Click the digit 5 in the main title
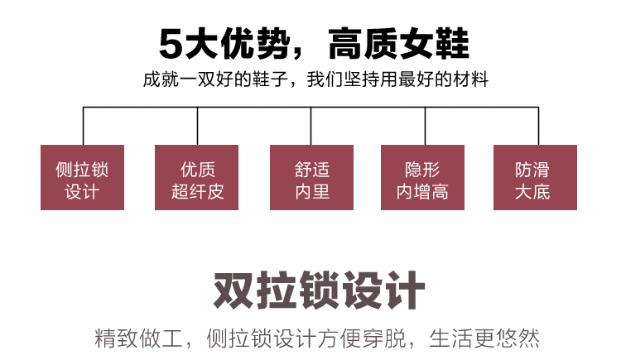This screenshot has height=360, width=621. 170,44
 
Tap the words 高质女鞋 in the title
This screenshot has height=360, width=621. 398,44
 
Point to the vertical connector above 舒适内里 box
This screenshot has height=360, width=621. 311,126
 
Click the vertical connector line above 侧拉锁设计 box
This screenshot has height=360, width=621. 83,126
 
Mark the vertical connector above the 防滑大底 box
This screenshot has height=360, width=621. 539,126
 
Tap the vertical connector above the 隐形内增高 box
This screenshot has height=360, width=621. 425,126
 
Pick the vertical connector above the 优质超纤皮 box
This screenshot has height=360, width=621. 197,126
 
